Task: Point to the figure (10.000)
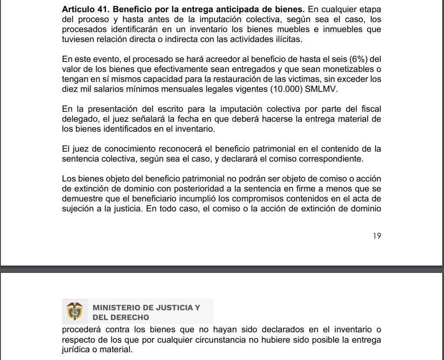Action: point(286,89)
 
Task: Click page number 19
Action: point(376,236)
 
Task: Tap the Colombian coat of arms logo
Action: point(75,311)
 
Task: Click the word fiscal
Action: point(371,109)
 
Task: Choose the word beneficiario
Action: point(166,199)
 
